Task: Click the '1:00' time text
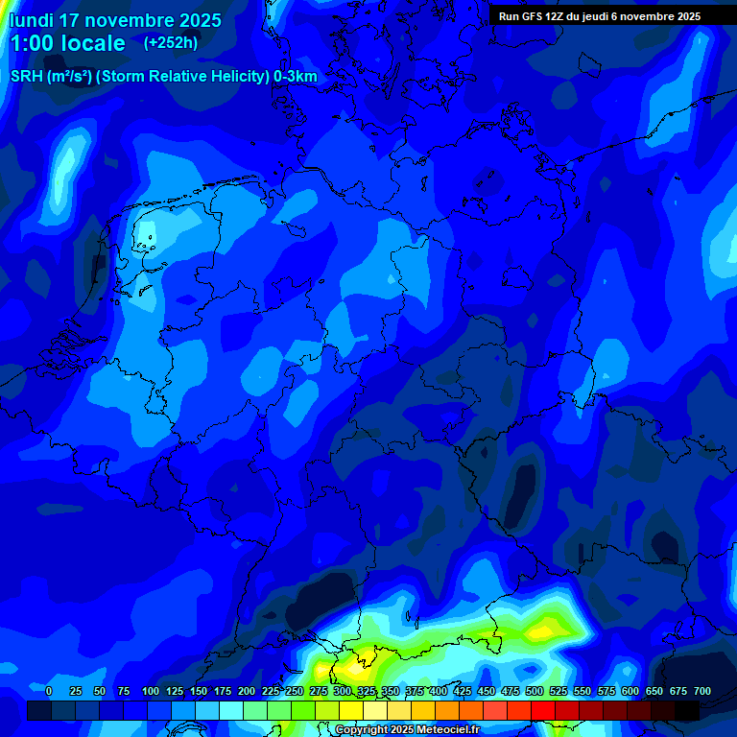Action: (33, 43)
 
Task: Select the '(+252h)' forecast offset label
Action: (170, 42)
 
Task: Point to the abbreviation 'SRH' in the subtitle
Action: (26, 77)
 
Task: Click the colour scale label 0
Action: (49, 692)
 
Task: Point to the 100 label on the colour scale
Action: (151, 692)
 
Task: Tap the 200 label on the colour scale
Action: (247, 692)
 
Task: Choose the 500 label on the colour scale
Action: (535, 692)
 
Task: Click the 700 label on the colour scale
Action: (702, 692)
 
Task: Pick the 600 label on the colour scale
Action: (630, 692)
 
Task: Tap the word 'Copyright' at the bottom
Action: (363, 730)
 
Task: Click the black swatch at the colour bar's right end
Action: (687, 710)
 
